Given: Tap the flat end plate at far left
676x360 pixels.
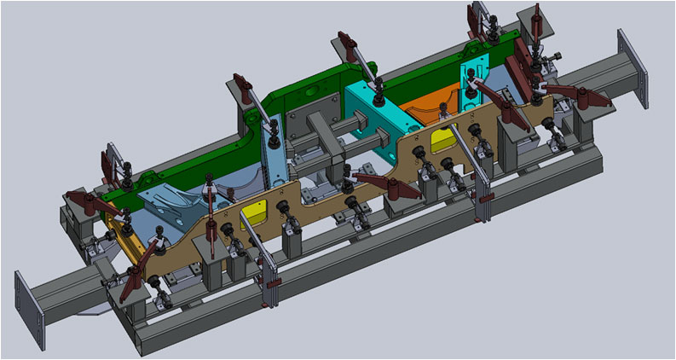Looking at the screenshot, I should point(28,306).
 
